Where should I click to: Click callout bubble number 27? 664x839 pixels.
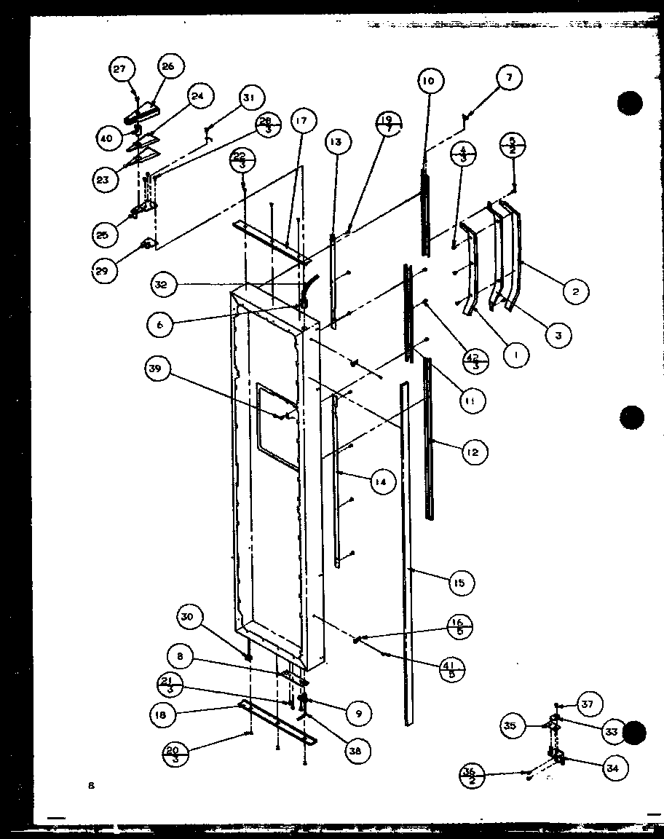click(x=119, y=70)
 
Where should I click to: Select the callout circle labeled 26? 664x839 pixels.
click(x=168, y=67)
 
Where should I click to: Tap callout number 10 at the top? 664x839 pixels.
click(x=427, y=81)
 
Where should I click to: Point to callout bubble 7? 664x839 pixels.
click(x=510, y=78)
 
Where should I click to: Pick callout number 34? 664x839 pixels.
click(x=616, y=767)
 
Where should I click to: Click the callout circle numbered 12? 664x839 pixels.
click(x=473, y=452)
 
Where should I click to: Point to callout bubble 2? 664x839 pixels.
click(x=575, y=292)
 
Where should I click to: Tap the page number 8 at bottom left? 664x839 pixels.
click(x=90, y=786)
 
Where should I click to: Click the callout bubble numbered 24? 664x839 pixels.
click(x=197, y=96)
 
